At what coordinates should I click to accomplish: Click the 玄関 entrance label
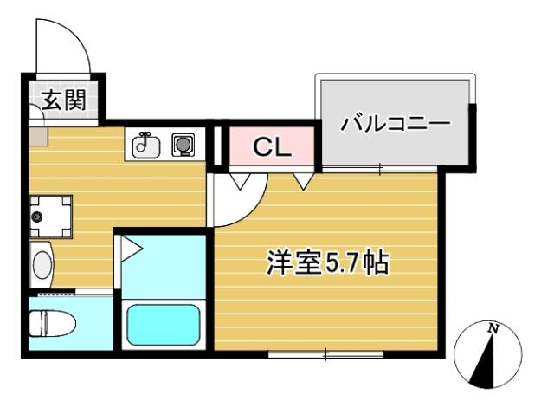(63, 100)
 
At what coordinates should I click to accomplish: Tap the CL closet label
(271, 147)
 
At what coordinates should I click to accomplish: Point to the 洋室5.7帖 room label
(326, 262)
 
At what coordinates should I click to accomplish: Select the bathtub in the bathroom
(164, 325)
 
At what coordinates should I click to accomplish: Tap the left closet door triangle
(241, 179)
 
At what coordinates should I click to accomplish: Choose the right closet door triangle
(302, 179)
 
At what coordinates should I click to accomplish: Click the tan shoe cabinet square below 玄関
(38, 136)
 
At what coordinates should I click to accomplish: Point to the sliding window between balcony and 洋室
(379, 168)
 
